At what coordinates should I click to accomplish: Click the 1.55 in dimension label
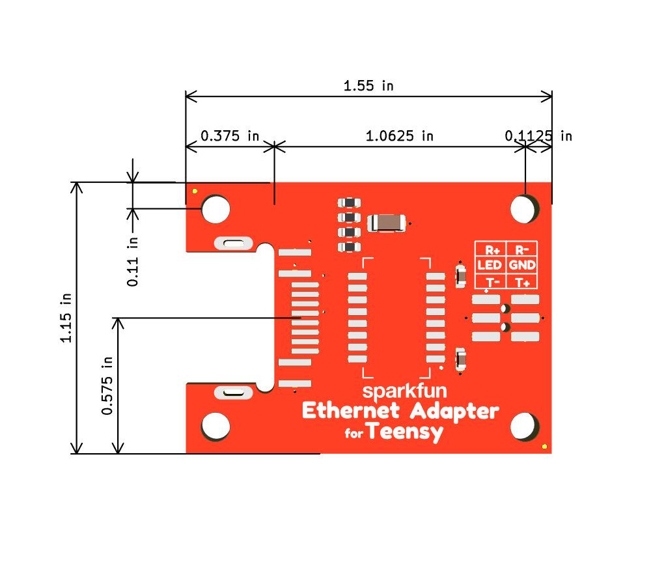point(368,85)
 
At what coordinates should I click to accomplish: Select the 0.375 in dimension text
point(229,136)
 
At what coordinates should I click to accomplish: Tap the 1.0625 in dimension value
point(399,136)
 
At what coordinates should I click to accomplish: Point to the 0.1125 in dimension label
point(538,136)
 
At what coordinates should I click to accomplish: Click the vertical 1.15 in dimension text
point(66,318)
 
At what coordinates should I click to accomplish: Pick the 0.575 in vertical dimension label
point(107,385)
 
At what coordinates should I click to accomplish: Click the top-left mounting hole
point(215,208)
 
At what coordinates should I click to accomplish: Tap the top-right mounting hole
point(524,208)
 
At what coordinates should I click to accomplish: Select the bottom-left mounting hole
point(215,426)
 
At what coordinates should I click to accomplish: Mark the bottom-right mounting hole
point(524,427)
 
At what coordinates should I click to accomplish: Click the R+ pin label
point(489,249)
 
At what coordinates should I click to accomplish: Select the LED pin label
point(489,266)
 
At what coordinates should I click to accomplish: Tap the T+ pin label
point(521,282)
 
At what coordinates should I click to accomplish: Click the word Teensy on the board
point(404,432)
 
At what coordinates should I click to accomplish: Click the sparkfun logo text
point(397,392)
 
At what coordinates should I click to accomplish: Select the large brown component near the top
point(387,223)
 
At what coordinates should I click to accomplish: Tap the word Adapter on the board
point(454,412)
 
